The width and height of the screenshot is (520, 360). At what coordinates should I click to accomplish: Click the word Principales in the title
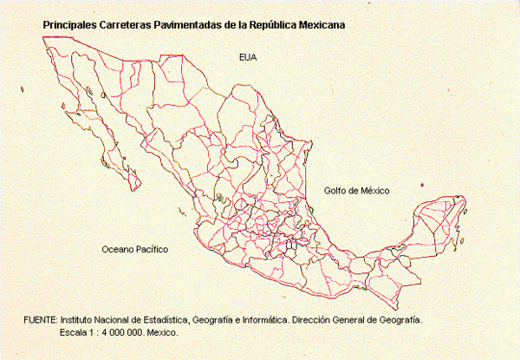point(68,25)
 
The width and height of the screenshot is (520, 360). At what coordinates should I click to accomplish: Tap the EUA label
point(249,57)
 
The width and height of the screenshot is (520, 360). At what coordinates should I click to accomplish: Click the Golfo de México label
point(357,190)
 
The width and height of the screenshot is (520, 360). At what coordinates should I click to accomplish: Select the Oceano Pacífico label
point(134,249)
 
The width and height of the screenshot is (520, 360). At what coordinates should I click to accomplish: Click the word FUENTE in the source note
point(40,320)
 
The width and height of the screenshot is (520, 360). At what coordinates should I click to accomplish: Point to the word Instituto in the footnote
point(79,320)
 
